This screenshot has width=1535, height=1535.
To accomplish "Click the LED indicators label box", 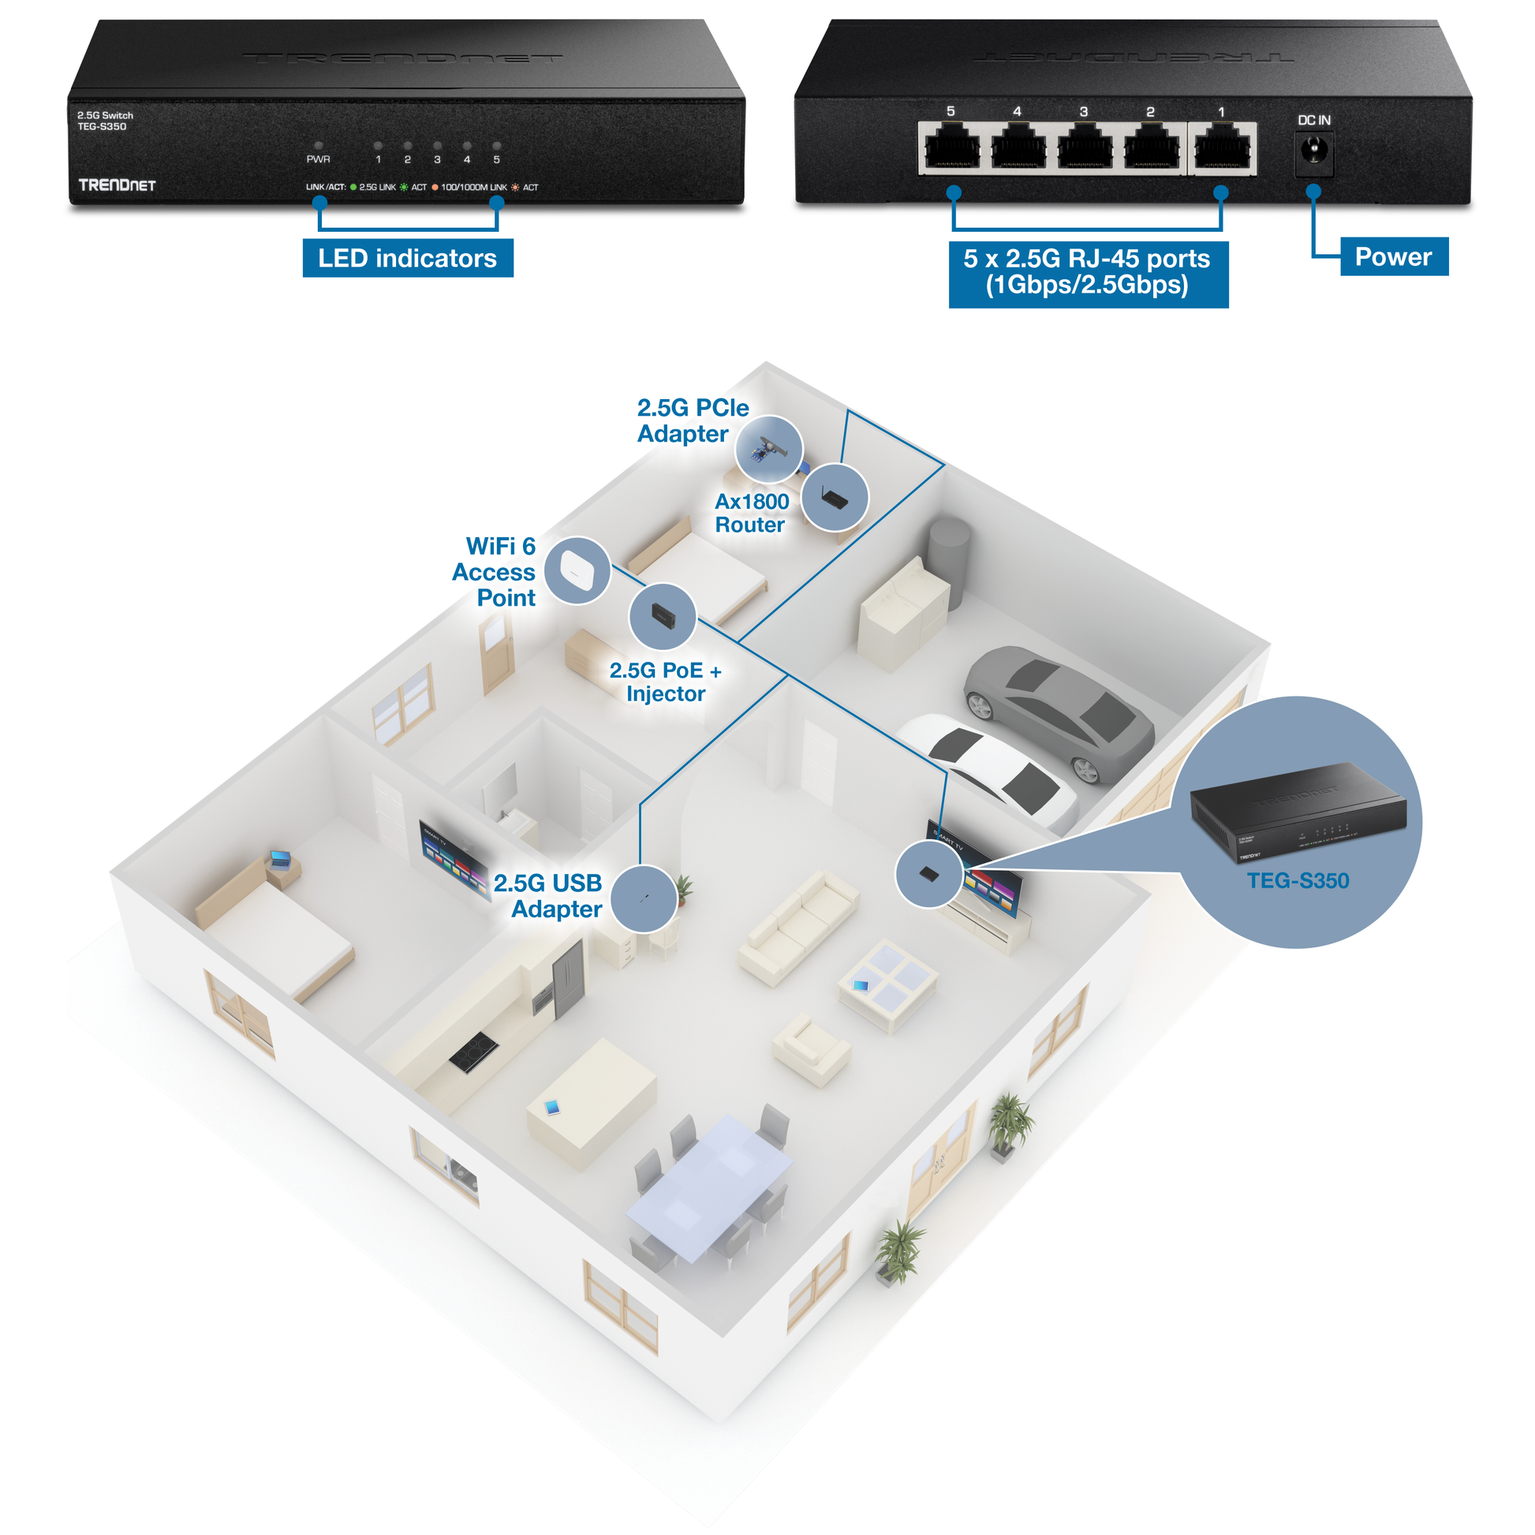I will point(408,258).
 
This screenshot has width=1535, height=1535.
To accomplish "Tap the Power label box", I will point(1393,256).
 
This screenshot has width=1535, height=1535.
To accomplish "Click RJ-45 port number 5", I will point(952,148).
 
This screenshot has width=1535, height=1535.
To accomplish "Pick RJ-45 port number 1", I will point(1222,148).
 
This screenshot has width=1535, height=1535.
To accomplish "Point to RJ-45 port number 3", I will point(1085,148).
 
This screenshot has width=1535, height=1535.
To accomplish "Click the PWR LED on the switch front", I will point(319,146).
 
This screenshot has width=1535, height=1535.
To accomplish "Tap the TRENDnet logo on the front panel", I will point(117,185).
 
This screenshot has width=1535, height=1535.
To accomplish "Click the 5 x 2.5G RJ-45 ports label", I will point(1087,272).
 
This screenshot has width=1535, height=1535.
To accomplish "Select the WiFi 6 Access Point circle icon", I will point(577,570).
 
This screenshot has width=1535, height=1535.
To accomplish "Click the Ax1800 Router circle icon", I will point(835,498).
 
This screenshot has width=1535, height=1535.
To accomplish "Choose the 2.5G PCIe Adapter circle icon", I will point(768,449).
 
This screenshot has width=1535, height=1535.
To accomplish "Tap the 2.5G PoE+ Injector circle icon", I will point(662,616).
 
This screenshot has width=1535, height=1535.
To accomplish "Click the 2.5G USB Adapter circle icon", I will point(644,898).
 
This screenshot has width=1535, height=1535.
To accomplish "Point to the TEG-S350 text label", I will point(1298,880).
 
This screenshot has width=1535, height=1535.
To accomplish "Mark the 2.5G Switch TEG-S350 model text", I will point(105,121).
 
